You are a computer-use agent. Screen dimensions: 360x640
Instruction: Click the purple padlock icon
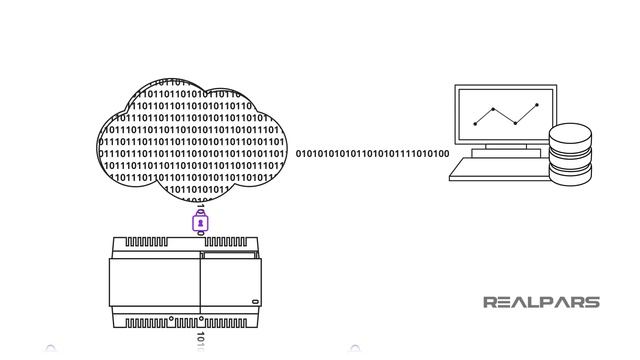coord(200,222)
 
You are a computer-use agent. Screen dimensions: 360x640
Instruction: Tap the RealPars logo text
coord(541,302)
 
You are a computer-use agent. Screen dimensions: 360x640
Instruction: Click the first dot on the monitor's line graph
coord(475,123)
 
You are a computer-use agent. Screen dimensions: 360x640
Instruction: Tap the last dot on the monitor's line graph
coord(537,104)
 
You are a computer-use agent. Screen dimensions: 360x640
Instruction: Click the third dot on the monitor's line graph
coord(514,124)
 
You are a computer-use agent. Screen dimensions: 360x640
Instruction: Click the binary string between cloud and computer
coord(372,154)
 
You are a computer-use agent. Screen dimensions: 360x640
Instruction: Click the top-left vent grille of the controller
coord(156,243)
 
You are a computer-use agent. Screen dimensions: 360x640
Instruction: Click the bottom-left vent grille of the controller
coord(156,322)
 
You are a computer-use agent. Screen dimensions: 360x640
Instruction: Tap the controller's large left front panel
coord(155,285)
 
